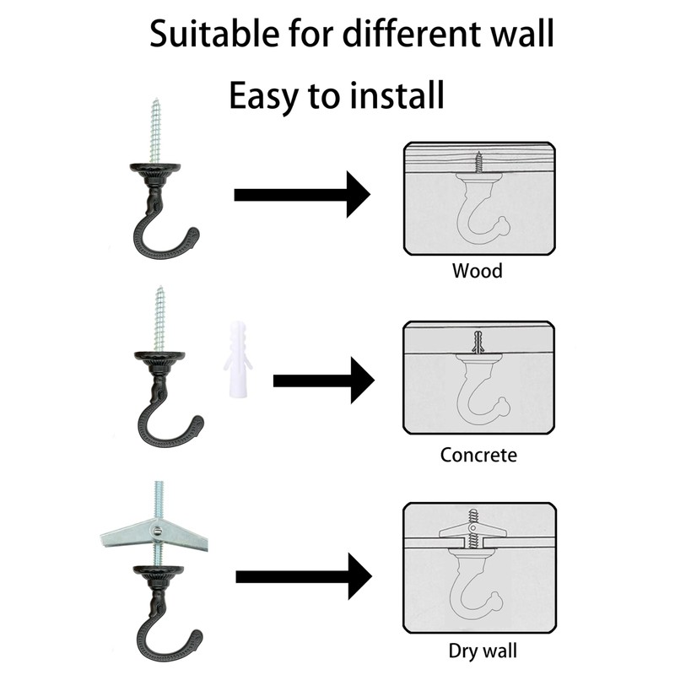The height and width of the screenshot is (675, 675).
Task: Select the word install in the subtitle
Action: pos(393,96)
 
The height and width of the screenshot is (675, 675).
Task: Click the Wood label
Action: pos(477,271)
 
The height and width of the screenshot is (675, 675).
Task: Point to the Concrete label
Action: pos(478,455)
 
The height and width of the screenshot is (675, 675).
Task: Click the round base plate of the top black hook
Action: pos(157,170)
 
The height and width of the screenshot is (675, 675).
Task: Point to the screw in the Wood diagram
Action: pos(478,159)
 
